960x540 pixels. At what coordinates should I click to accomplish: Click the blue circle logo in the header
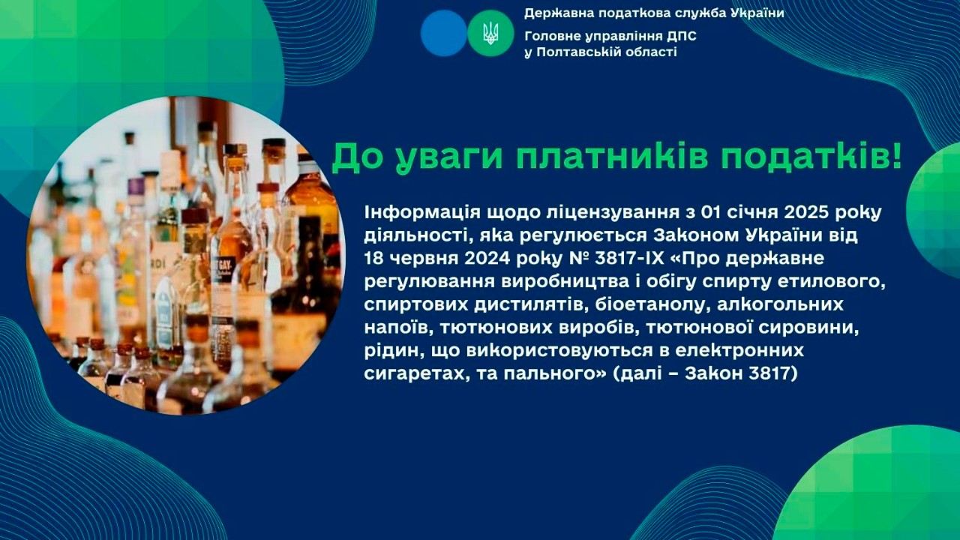point(444,33)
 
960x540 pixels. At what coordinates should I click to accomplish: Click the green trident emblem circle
point(490,33)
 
